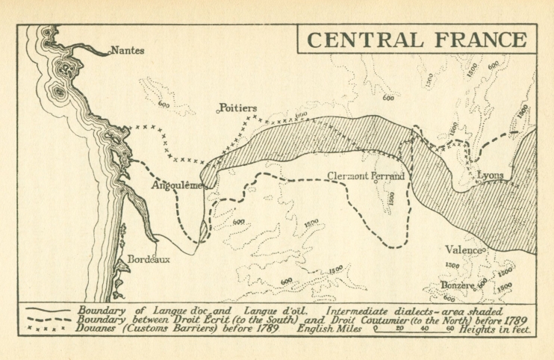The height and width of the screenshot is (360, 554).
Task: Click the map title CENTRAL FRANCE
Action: (x=417, y=40)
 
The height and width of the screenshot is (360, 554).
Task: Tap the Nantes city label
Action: (x=127, y=52)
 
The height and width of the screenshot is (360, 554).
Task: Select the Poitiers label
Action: (x=237, y=108)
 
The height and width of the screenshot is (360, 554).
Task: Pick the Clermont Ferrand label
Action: (x=366, y=176)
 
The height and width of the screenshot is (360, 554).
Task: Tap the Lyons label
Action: (x=490, y=176)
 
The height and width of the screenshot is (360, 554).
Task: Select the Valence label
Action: (x=463, y=249)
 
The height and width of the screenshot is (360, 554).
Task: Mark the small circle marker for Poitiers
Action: (x=218, y=111)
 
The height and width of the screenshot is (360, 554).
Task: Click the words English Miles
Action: (x=329, y=329)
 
